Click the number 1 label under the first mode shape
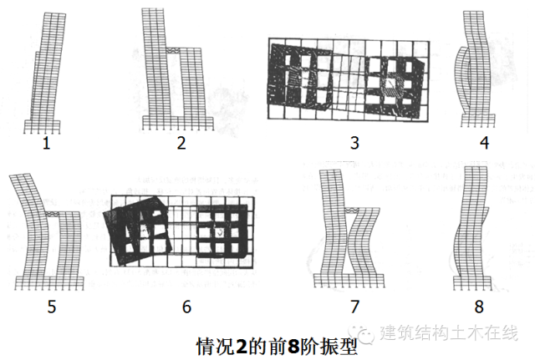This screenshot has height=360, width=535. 47,143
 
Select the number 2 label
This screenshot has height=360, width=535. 181,143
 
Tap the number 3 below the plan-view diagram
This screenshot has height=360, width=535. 354,143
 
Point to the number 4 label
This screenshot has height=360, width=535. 485,143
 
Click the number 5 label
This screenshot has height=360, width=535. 52,307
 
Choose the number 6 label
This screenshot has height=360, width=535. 186,307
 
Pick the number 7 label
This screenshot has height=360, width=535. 354,307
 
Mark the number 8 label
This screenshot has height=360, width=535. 479,307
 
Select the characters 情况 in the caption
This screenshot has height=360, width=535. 215,347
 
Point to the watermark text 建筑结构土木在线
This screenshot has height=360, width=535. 449,332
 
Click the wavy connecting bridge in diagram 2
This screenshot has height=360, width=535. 173,50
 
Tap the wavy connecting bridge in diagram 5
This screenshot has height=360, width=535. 52,214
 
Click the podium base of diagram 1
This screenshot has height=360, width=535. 43,125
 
